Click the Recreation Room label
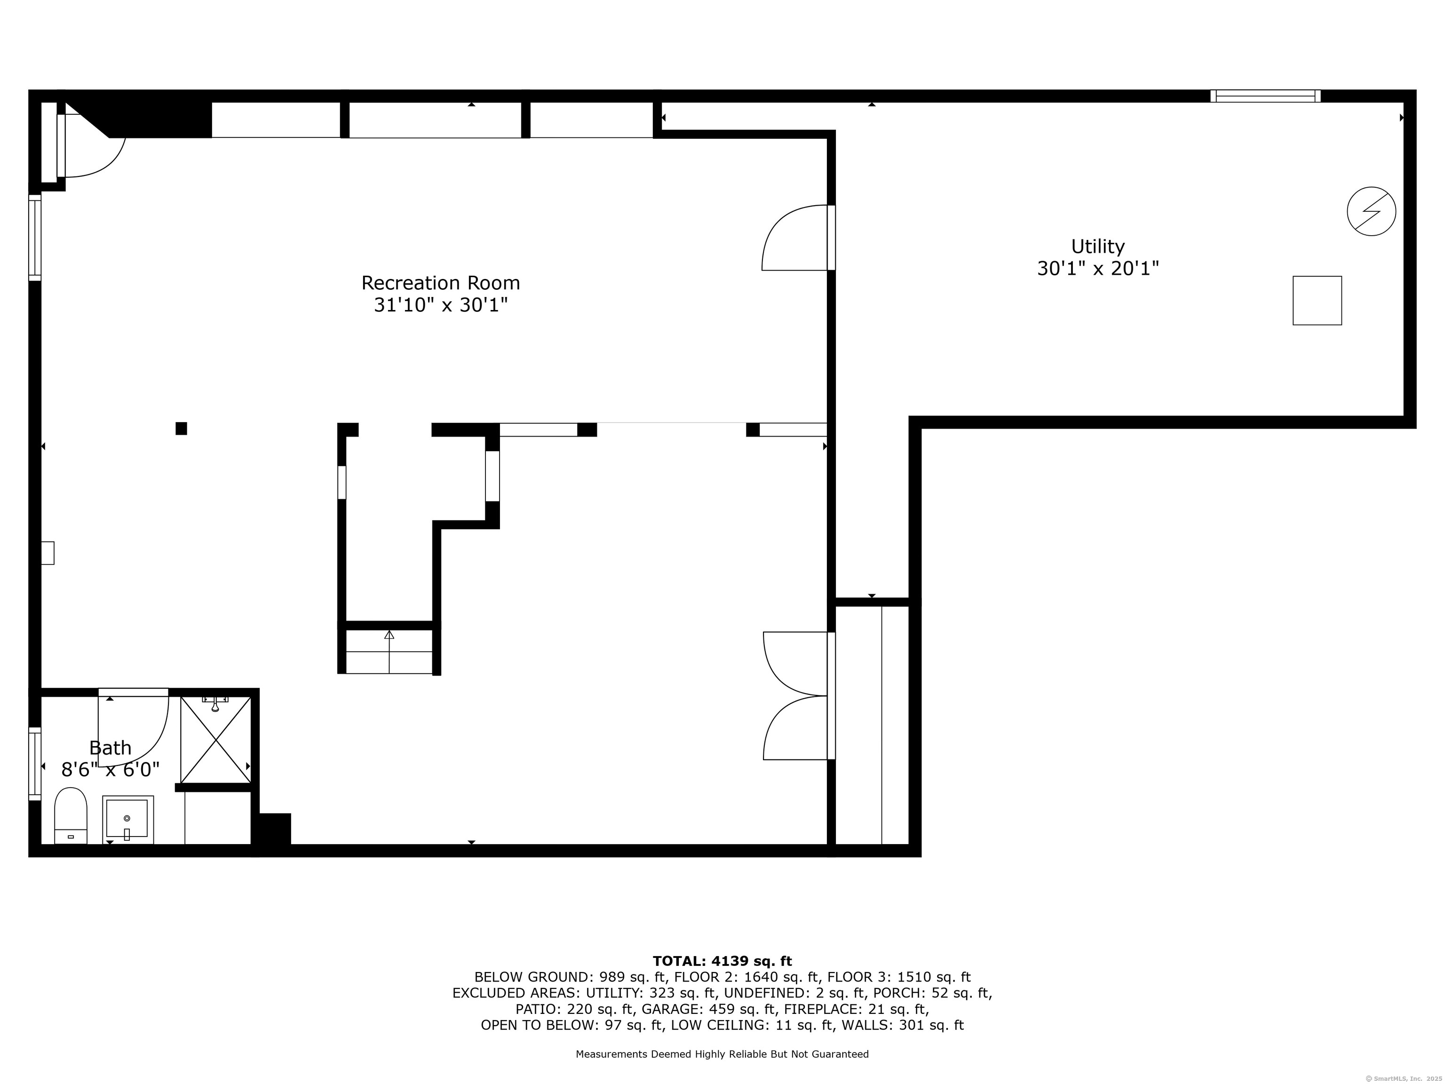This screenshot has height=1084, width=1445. pos(440,283)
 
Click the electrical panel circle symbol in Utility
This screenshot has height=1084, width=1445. pos(1371,211)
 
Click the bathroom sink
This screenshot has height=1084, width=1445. pos(127,820)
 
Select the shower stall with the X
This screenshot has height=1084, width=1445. pos(215,740)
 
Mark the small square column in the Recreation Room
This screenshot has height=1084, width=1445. pos(181,429)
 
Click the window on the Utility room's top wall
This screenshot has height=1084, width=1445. pos(1265,96)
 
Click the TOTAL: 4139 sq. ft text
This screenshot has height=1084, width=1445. pos(722,961)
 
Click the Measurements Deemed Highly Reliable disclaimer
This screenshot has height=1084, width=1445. pos(722,1054)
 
